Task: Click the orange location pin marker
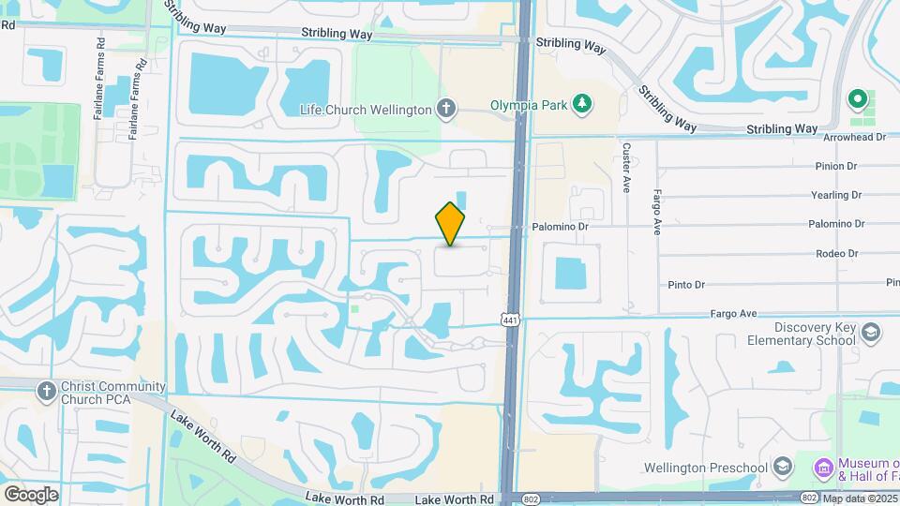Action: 451,223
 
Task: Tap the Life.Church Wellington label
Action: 366,110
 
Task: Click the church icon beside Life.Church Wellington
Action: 446,109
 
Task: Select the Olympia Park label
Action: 529,105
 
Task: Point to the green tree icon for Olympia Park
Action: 582,103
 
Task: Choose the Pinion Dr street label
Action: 837,166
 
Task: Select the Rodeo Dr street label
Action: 837,253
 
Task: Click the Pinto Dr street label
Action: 685,285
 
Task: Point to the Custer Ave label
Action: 625,168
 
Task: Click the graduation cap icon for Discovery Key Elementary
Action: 871,332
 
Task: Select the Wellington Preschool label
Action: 706,468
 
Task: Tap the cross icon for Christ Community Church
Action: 46,391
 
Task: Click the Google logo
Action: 31,494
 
